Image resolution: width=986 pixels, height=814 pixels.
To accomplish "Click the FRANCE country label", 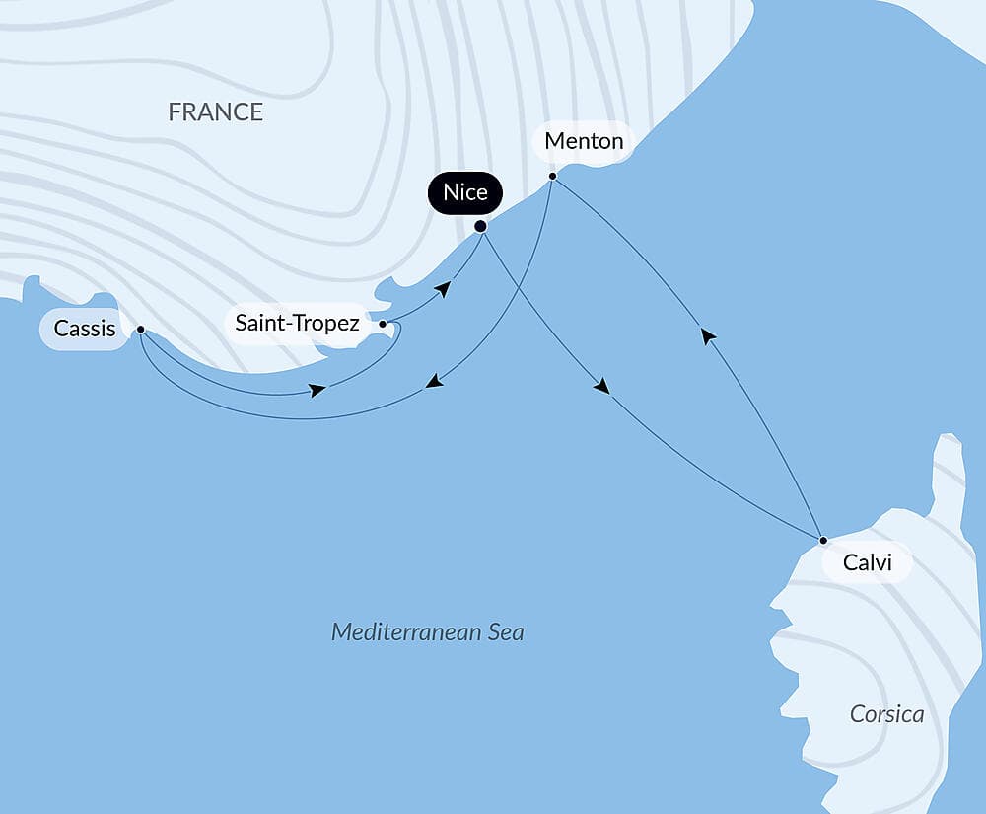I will [x=215, y=112].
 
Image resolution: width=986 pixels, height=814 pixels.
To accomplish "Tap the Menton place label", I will [x=584, y=141].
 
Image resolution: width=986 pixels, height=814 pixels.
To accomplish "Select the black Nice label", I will [x=465, y=192].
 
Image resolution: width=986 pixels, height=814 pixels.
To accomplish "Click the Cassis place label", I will [x=85, y=329].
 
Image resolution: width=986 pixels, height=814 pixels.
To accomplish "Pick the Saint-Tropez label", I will [x=297, y=323].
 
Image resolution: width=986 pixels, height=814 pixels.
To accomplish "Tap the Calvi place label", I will [x=868, y=563].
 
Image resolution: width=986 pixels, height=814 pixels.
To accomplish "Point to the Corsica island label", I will [x=886, y=714].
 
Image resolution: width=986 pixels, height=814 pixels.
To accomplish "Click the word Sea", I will [x=501, y=631].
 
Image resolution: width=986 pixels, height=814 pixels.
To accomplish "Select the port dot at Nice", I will [x=481, y=226].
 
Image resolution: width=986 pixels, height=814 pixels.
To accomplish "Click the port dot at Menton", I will [x=552, y=177].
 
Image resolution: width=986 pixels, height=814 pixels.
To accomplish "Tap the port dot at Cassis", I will [x=141, y=330].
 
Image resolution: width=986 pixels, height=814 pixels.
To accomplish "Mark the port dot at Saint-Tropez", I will [x=383, y=324].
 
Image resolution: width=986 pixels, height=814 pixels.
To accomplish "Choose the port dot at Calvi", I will [x=823, y=540].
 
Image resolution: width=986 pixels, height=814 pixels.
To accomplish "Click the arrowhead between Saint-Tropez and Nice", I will [x=445, y=288].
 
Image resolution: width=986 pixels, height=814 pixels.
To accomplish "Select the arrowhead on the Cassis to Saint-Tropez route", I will [x=317, y=391].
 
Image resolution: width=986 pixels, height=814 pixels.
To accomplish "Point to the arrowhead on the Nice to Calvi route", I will [x=601, y=387].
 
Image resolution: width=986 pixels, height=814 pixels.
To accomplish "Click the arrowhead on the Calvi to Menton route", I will [x=707, y=335].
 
